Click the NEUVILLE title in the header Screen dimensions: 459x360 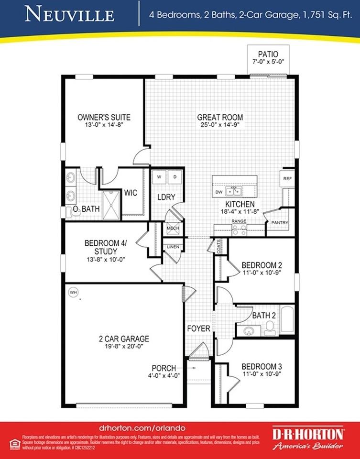coord(70,14)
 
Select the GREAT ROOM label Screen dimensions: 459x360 coord(220,117)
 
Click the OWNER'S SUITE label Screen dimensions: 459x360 coord(104,117)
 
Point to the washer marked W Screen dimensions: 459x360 coord(159,176)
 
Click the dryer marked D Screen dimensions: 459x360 coord(175,176)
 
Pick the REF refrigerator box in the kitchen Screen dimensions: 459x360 coord(287,178)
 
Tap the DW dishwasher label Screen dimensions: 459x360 coord(219,192)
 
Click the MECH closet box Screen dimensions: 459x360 coord(173,229)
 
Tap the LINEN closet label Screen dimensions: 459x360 coord(172,247)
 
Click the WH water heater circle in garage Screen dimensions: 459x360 coord(73,291)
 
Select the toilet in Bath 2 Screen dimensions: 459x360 coord(270,328)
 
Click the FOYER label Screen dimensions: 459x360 coord(198,328)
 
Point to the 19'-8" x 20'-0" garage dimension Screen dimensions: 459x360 coord(121,348)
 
